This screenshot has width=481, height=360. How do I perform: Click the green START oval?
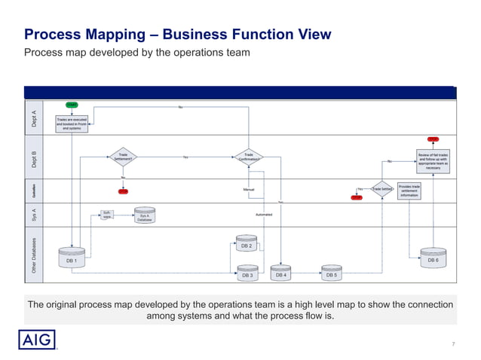pos(72,105)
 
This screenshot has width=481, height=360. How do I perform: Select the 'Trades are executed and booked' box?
pos(72,124)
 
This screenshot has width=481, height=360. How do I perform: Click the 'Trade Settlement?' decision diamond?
pos(123,157)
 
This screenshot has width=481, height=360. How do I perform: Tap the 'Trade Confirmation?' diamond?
pos(249,157)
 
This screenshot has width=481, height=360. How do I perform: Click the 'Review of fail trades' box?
pos(433,160)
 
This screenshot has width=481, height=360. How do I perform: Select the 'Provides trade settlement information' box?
pos(409,190)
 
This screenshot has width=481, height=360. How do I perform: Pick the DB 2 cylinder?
pos(247,244)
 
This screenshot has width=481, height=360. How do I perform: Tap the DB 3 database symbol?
pos(247,273)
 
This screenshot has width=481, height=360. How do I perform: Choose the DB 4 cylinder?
pos(280,273)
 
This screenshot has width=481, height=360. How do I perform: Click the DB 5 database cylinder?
pos(332,273)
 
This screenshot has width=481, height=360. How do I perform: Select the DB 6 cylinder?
pos(433,258)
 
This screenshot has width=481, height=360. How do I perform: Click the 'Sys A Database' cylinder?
pos(145,216)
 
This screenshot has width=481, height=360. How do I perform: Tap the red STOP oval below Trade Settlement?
pos(123,191)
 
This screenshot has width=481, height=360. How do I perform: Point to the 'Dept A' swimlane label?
pos(33,119)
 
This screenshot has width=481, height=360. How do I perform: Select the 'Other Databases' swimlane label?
pos(33,255)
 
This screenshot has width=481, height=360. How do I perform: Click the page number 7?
pos(453,344)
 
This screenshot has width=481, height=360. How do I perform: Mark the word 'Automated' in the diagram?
pos(264,215)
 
